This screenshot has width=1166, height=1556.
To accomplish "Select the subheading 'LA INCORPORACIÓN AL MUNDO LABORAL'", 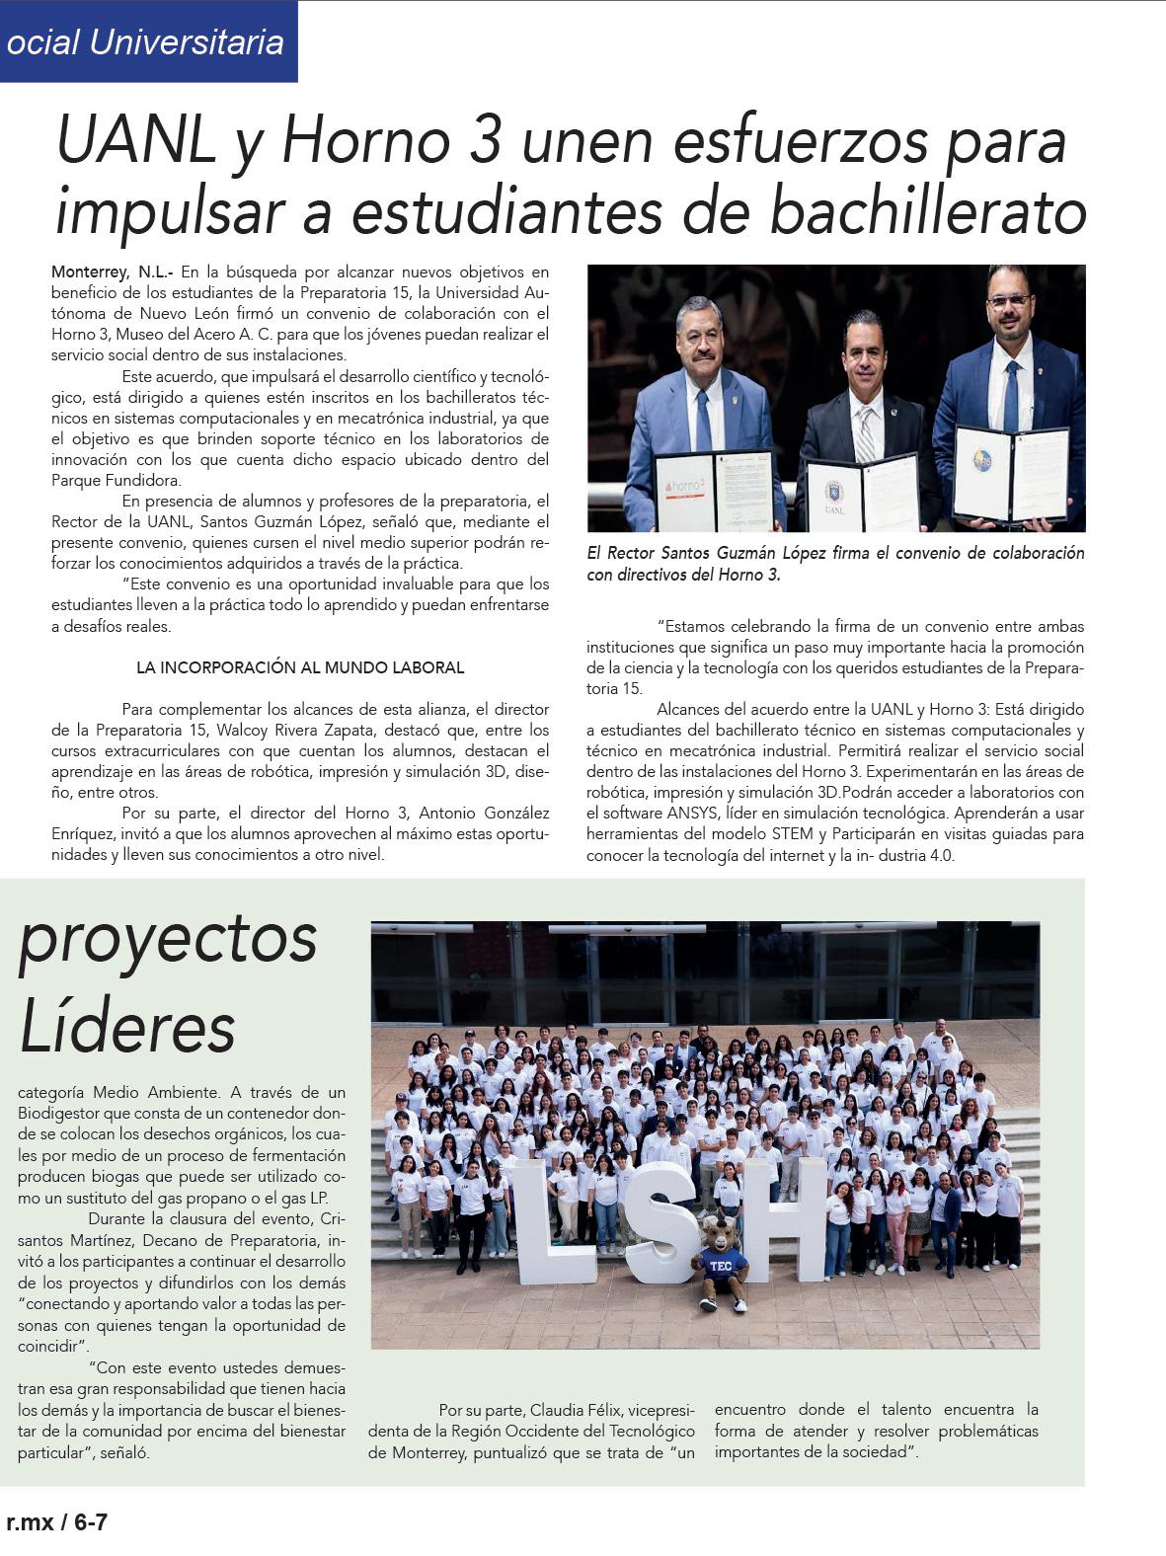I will pyautogui.click(x=300, y=667).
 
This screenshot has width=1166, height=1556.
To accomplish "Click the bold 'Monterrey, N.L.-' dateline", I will pyautogui.click(x=113, y=272).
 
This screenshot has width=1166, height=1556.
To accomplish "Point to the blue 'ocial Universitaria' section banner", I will pyautogui.click(x=148, y=41).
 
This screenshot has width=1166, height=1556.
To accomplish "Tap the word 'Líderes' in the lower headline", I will pyautogui.click(x=127, y=1027).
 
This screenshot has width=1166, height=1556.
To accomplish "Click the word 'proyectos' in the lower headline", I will pyautogui.click(x=168, y=938).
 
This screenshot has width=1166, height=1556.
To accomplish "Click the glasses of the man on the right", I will pyautogui.click(x=1008, y=300).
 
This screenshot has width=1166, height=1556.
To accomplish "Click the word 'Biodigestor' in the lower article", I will pyautogui.click(x=59, y=1114).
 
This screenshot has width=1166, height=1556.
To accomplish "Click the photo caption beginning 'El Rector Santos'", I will pyautogui.click(x=834, y=564).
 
